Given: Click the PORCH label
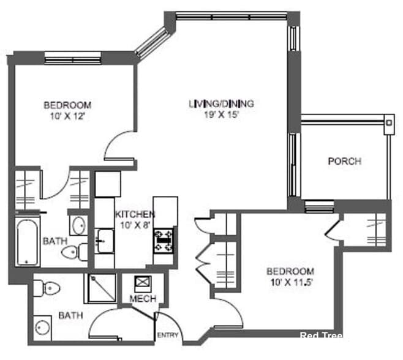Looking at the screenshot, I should coord(344,162).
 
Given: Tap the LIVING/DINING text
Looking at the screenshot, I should coord(221,103).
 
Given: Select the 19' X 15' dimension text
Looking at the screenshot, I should coord(221,114).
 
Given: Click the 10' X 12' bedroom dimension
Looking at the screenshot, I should coord(67,114).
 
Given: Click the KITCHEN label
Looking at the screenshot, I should coord(135,214).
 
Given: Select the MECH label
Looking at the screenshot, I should coord(143,299).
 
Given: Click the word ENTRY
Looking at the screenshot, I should coord(167,336).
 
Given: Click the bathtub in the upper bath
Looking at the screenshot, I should coord(27,242).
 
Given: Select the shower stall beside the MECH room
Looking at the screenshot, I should coord(100,288).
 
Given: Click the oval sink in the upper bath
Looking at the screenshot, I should coord(78,227).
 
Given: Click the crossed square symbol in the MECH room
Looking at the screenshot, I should coord(143,282).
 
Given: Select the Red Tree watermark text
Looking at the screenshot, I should coord(321,336).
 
